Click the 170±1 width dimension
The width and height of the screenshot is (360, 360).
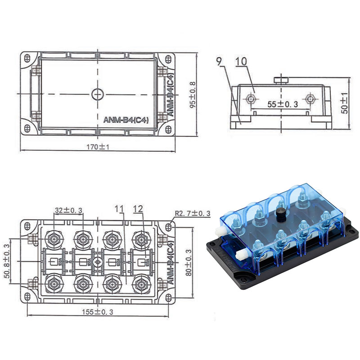click(x=98, y=147)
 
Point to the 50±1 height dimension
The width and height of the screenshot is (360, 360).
click(x=345, y=103)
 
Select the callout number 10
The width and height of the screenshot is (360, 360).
click(x=241, y=62)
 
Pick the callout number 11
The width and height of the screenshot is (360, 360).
click(x=119, y=209)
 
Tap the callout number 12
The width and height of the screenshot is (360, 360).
click(x=138, y=209)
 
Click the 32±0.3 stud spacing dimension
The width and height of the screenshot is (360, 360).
click(x=68, y=210)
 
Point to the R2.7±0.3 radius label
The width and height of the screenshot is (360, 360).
click(x=192, y=214)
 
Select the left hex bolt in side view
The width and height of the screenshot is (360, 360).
click(x=250, y=98)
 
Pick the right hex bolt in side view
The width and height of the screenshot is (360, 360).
click(x=310, y=98)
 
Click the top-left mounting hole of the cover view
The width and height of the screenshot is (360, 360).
click(x=27, y=59)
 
